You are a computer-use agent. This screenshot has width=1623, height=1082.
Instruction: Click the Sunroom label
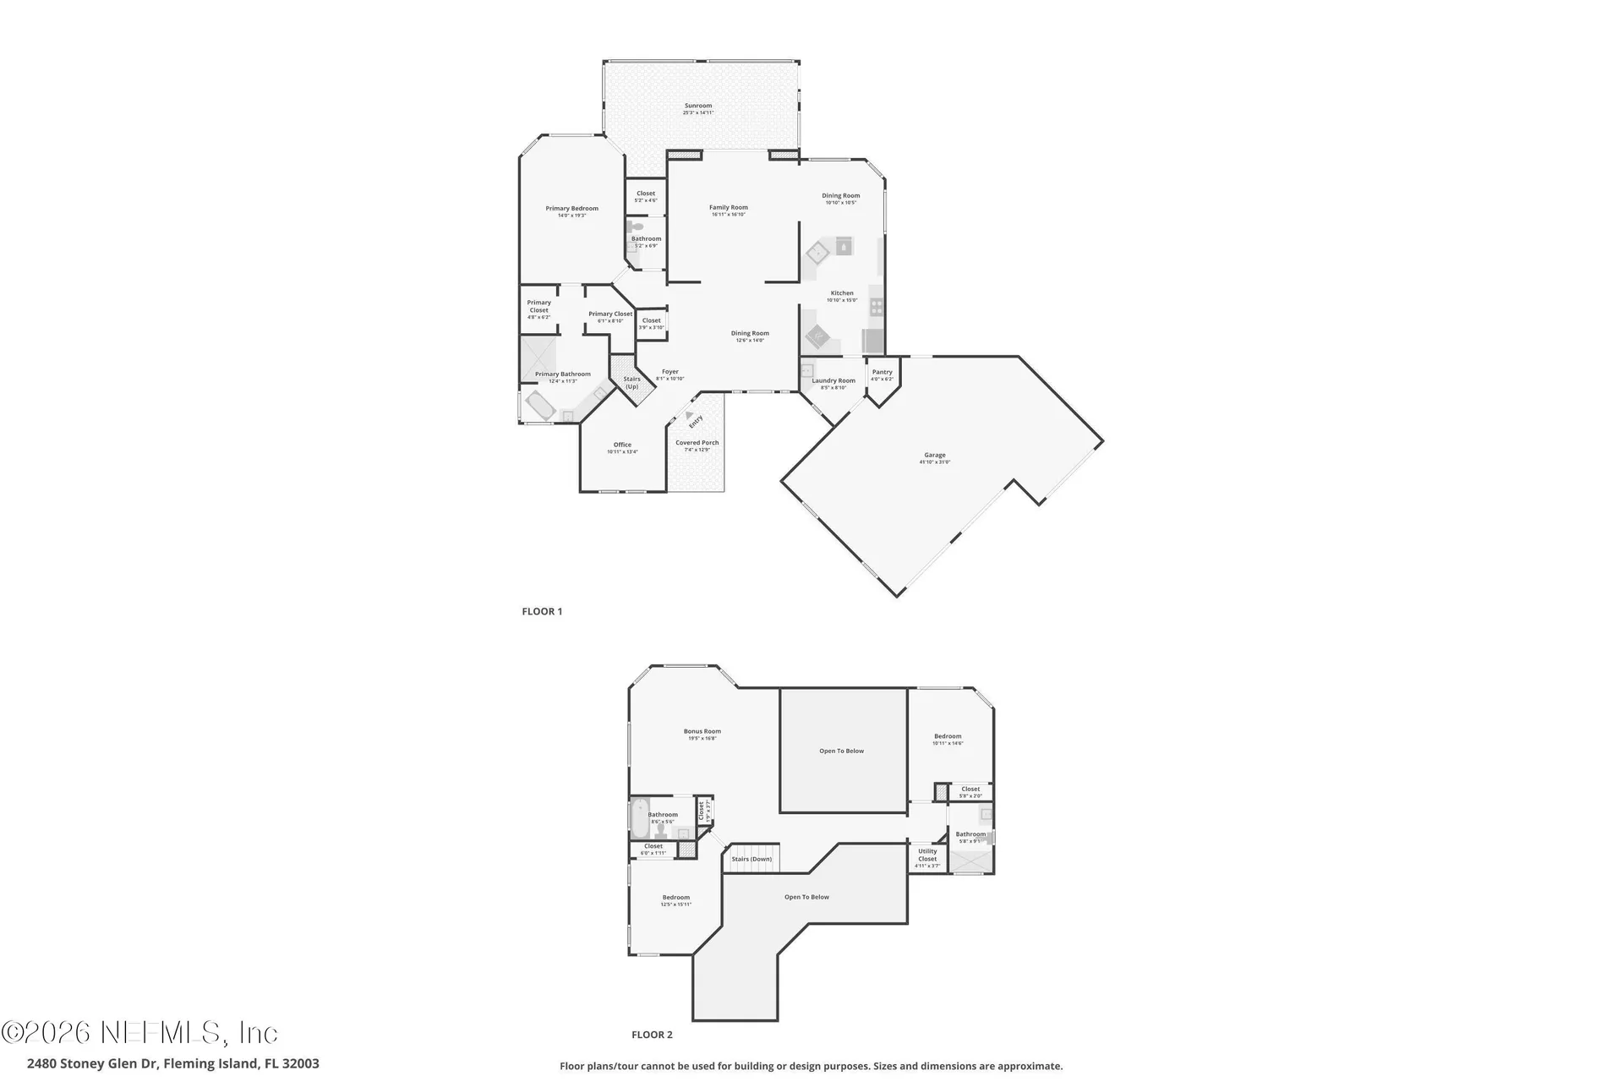point(698,106)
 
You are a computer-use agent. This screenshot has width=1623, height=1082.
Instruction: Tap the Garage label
point(935,455)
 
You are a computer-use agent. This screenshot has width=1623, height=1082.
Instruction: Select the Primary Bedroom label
point(571,209)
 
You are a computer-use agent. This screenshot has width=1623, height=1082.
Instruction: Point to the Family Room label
point(728,207)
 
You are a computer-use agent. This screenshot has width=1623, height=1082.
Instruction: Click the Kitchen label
point(841,293)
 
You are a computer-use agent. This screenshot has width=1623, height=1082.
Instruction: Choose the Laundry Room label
point(833,380)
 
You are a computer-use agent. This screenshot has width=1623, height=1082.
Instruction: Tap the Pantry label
point(882,372)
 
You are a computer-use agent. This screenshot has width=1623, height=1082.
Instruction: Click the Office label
point(622,445)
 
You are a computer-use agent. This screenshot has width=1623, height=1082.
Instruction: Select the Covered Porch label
point(697,442)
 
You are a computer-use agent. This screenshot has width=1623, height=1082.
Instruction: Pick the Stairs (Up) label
point(631,382)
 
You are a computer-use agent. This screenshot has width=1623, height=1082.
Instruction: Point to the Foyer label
point(669,372)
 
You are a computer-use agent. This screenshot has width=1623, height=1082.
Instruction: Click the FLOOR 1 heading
point(542,611)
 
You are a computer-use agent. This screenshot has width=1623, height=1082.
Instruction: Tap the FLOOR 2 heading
point(652,1035)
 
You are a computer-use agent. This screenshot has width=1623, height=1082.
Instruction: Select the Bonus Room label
point(702,731)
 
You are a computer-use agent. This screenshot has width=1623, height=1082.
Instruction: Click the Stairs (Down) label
point(751,859)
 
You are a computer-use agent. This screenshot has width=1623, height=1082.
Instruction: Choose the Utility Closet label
point(927,855)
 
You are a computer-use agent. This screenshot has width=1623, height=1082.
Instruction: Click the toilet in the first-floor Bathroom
point(635,227)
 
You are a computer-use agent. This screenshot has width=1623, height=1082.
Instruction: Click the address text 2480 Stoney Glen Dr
point(93,1063)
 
